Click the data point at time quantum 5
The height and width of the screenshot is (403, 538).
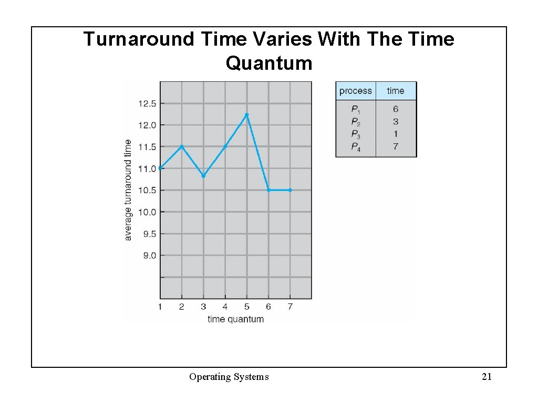coord(246,114)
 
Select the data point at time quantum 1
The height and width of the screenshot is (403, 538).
coord(160,168)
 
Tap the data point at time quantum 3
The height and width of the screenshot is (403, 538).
coord(203,176)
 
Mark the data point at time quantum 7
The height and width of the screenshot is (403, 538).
coord(290,190)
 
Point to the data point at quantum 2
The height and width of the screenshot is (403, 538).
coord(182,146)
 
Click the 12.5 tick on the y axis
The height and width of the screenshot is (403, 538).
coord(147,103)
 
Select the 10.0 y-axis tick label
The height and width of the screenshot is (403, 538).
coord(147,212)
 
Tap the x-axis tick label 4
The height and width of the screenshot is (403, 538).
coord(225,306)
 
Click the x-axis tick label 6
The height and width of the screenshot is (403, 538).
coord(268,306)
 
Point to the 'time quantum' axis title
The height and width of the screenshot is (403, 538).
coord(235,319)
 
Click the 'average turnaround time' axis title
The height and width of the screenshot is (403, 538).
coord(128,190)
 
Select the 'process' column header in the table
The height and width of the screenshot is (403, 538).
coord(355,91)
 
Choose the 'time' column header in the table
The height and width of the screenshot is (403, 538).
coord(396,91)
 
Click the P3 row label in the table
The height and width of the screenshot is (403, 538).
coord(356,134)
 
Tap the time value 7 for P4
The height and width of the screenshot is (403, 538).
coord(396,146)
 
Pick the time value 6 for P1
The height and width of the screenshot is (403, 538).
coord(396,109)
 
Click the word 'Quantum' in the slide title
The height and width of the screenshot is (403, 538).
coord(269,63)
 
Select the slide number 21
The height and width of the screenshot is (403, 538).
coord(487,376)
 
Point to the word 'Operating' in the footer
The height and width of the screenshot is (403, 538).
coord(209,377)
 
